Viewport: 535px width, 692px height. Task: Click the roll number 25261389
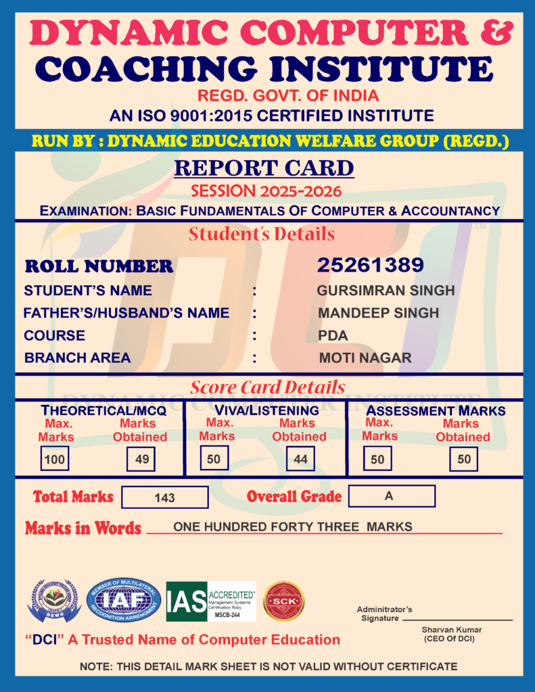(x=370, y=265)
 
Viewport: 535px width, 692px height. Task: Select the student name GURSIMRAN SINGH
(x=386, y=291)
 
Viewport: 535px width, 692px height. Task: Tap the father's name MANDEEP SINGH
(x=378, y=313)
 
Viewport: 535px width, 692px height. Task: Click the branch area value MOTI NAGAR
(x=365, y=358)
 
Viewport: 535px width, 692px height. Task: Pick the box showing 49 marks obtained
(x=141, y=460)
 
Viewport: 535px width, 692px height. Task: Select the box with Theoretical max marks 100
(x=54, y=460)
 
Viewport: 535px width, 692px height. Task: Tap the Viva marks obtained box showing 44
(x=300, y=460)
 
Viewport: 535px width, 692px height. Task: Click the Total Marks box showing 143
(x=165, y=497)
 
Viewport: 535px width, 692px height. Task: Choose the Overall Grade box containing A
(x=392, y=496)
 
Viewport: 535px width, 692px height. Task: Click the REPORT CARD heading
(x=264, y=168)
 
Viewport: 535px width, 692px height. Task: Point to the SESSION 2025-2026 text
(x=266, y=191)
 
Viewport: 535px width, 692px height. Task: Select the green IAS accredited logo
(x=211, y=601)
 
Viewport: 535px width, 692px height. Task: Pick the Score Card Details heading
(x=267, y=387)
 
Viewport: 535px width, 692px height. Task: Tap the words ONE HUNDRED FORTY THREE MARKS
(x=293, y=527)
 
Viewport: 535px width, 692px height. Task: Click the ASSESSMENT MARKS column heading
(x=436, y=410)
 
